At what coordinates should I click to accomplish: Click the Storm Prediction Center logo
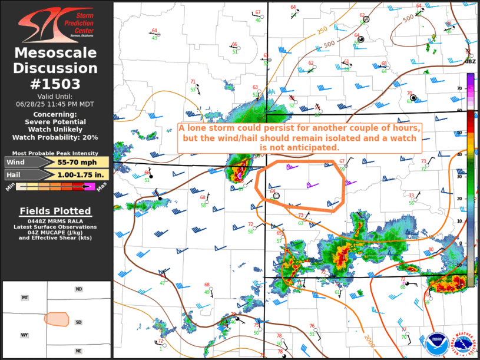[55, 24]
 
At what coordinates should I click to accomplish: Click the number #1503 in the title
[55, 84]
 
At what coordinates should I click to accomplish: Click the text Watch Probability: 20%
[55, 137]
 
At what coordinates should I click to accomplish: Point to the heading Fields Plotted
[55, 211]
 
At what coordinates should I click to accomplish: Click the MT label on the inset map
[25, 298]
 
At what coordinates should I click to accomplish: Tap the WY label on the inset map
[25, 335]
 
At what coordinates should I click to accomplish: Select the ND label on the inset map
[78, 289]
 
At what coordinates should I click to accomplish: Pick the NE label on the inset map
[78, 351]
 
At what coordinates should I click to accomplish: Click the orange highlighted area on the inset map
[57, 319]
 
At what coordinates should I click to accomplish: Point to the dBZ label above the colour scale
[471, 61]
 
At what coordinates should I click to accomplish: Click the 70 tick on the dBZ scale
[459, 88]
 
